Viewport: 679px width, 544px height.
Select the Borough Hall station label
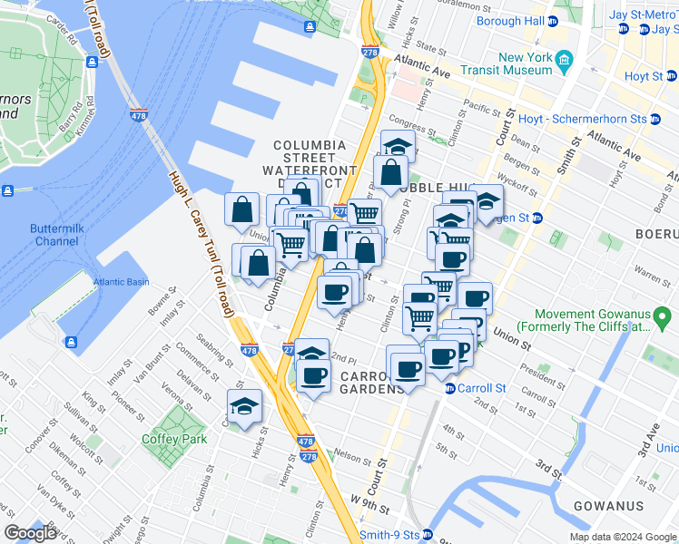509,20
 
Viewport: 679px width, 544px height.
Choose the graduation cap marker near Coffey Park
244,406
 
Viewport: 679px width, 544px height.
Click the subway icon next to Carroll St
449,388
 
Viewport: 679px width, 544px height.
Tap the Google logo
30,533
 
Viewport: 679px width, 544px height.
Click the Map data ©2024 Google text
622,537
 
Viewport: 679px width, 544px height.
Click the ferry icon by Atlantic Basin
70,343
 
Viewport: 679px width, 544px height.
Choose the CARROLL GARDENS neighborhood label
372,382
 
